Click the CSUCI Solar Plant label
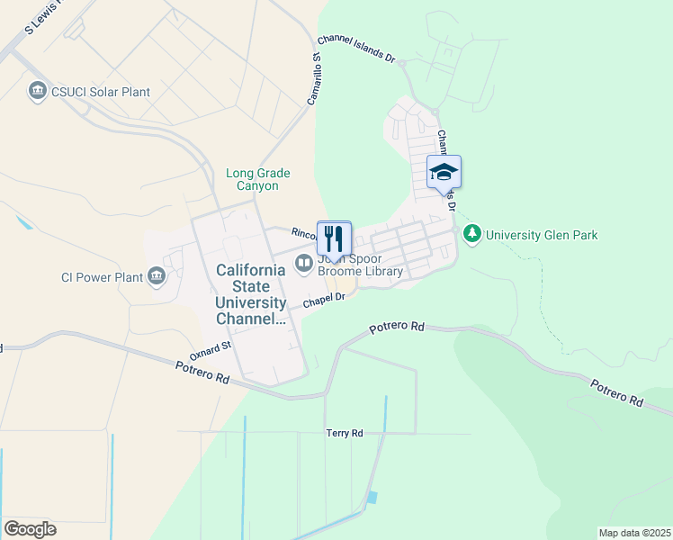[x=101, y=92]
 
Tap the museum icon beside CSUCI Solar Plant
[x=38, y=92]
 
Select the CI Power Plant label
[x=102, y=277]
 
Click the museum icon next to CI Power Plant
[x=158, y=275]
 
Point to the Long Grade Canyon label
[x=252, y=179]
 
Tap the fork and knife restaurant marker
[x=334, y=239]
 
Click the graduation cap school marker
[x=444, y=172]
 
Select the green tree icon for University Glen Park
[x=472, y=234]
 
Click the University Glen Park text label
[x=542, y=236]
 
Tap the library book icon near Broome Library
[x=304, y=263]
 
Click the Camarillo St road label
[x=315, y=79]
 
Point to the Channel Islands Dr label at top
[x=356, y=50]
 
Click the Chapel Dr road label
[x=325, y=300]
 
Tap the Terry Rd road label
[x=344, y=433]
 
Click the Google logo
[x=30, y=529]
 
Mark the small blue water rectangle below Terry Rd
[x=372, y=498]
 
